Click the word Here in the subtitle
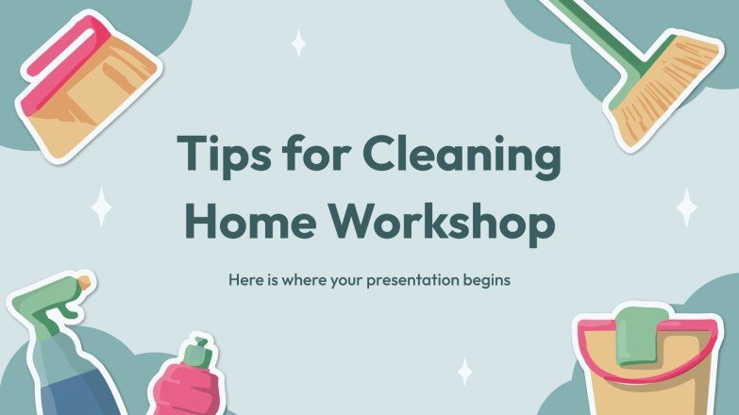pos(243,281)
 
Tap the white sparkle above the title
pos(298,43)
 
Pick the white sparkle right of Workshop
pos(687,206)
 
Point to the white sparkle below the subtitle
pos(463,371)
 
